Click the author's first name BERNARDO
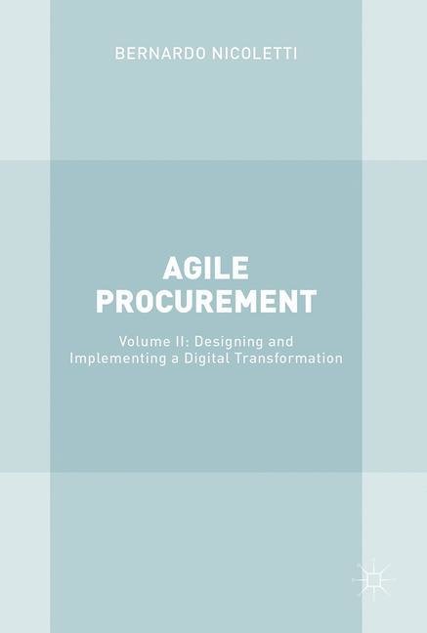(x=160, y=54)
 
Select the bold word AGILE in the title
(x=206, y=269)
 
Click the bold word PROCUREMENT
(x=206, y=302)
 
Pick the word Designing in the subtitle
(x=229, y=343)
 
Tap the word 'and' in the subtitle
(x=281, y=342)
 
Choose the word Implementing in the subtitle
(x=117, y=359)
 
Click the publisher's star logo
(x=373, y=579)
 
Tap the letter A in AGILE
(x=173, y=269)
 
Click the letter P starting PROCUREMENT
(x=105, y=302)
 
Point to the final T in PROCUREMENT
(x=308, y=302)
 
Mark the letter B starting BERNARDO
(x=119, y=54)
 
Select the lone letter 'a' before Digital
(x=175, y=359)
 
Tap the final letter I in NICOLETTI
(x=295, y=54)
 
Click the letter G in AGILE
(x=193, y=269)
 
